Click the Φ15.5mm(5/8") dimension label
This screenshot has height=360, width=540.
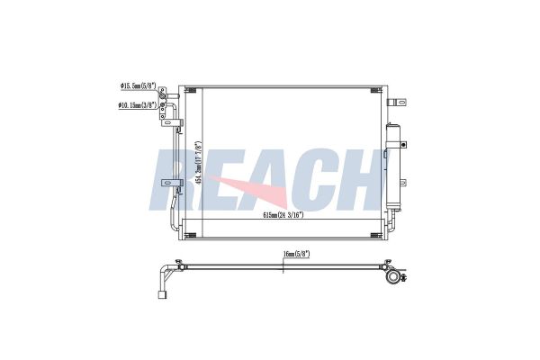[137, 86]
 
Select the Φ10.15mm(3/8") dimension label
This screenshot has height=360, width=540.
[137, 105]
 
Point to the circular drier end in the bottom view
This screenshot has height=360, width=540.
[392, 280]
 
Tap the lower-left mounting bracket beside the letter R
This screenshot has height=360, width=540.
[166, 184]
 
